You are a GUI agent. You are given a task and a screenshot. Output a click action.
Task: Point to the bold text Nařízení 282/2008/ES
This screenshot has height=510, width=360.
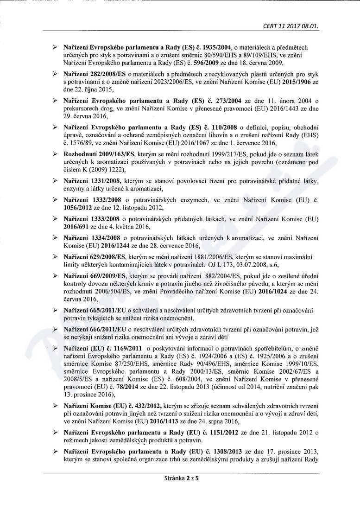(x=95, y=74)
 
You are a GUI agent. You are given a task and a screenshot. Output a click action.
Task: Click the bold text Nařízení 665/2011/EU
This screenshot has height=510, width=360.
(x=95, y=309)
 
